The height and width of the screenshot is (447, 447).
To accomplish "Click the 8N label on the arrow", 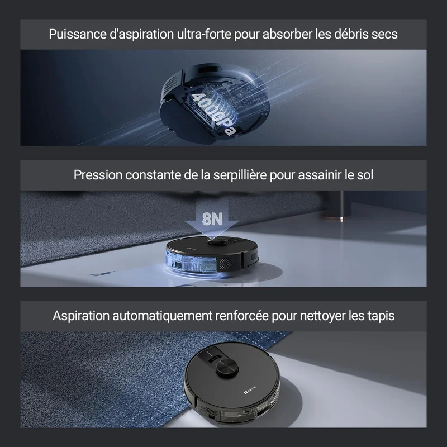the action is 212,219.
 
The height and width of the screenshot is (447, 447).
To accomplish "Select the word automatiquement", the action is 162,316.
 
